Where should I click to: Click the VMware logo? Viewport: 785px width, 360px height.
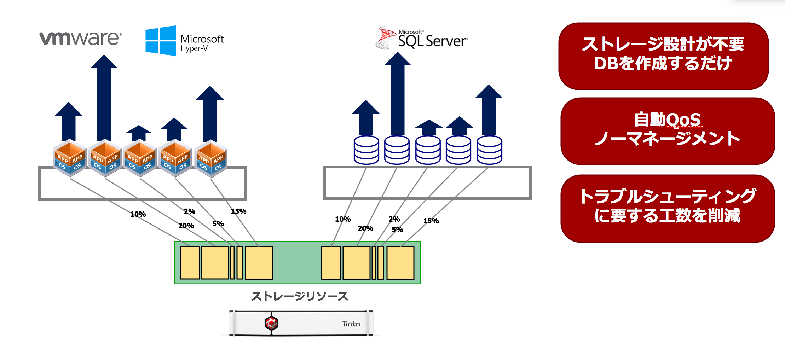80,38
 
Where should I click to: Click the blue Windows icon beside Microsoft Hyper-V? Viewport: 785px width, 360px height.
161,41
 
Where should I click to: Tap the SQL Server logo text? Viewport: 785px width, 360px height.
432,41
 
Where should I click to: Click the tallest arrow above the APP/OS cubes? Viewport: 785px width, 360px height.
104,99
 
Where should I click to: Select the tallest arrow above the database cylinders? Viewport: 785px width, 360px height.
397,95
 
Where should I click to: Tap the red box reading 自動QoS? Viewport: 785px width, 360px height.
668,131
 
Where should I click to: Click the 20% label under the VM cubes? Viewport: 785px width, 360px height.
186,226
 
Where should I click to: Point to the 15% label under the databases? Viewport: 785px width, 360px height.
431,221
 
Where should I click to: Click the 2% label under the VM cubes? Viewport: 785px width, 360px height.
190,211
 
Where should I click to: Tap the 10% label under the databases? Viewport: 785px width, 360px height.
343,219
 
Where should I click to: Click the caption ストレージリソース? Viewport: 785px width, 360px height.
299,296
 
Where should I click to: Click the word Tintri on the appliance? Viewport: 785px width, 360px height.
351,324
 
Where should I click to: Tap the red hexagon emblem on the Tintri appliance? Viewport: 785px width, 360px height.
271,323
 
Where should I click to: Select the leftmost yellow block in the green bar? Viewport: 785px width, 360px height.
190,263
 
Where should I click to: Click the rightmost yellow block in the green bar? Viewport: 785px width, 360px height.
400,263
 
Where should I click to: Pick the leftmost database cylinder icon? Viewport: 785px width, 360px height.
366,150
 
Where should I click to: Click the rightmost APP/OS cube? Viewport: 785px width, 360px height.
211,159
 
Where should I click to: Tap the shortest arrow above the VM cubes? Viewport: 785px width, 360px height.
139,133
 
